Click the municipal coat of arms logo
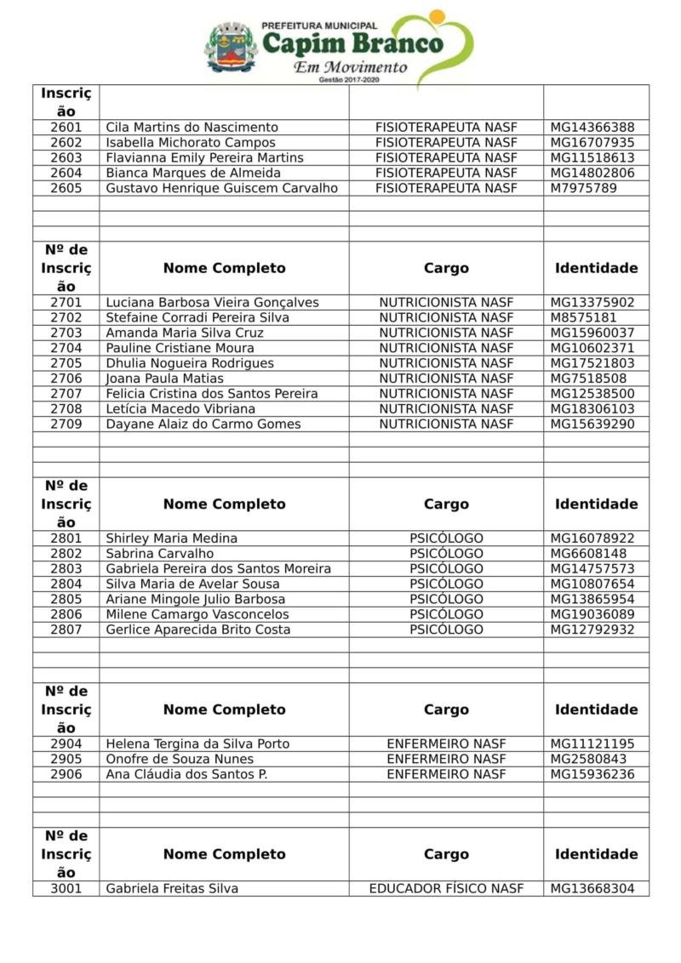tap(231, 48)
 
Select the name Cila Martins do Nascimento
tap(192, 128)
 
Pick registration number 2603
tap(66, 158)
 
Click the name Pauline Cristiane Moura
tap(180, 348)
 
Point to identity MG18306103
tap(592, 409)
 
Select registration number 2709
tap(66, 425)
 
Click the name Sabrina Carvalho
tap(159, 554)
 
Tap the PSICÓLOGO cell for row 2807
tap(446, 630)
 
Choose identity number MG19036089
tap(592, 615)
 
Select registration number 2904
tap(66, 744)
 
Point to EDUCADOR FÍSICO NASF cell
tap(446, 889)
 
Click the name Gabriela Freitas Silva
tap(172, 889)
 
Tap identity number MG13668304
tap(592, 889)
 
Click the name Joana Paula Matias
tap(164, 379)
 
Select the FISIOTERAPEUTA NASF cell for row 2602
tap(446, 143)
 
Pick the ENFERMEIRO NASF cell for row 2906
tap(446, 775)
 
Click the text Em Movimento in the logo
tap(350, 66)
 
